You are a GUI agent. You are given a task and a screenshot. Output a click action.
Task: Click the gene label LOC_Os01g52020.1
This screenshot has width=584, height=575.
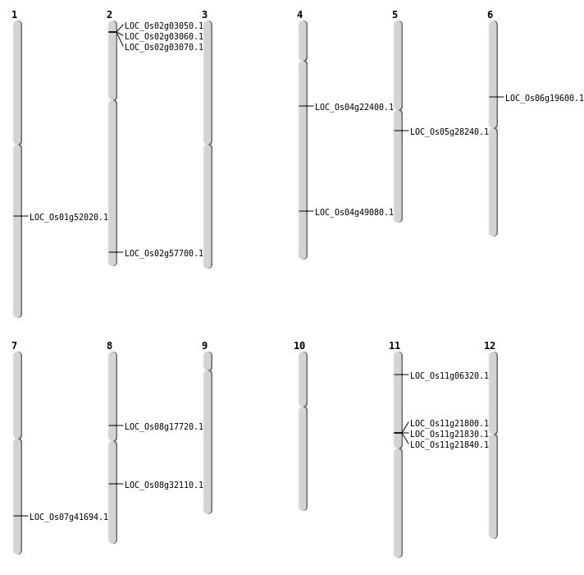69,218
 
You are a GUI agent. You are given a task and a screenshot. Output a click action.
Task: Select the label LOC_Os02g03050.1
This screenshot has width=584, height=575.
164,26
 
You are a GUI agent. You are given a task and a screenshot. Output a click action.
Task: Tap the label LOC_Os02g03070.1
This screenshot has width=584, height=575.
164,48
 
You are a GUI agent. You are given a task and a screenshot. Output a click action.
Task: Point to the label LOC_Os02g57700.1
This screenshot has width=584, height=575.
164,254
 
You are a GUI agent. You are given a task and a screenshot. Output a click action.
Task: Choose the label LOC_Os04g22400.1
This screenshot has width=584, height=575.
354,108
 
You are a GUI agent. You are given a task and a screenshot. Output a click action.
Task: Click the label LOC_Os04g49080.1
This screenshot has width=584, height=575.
354,213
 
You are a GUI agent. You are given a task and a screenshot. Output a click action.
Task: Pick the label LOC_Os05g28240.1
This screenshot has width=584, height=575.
449,132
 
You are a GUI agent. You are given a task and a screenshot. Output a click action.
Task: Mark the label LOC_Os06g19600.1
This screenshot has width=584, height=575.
545,99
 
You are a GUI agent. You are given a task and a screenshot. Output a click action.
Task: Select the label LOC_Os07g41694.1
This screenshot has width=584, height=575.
69,517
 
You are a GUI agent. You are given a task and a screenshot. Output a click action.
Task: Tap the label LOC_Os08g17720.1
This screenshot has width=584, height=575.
164,427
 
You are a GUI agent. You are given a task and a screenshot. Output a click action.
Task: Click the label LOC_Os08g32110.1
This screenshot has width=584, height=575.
164,485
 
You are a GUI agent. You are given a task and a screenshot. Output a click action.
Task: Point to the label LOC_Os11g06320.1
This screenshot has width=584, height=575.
449,376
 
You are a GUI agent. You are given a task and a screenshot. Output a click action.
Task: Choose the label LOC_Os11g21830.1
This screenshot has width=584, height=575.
449,435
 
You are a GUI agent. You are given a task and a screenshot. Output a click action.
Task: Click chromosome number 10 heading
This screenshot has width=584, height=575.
299,346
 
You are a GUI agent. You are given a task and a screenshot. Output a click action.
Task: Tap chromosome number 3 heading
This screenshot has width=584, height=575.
204,15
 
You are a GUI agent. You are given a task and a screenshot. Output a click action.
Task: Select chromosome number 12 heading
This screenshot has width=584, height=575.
490,346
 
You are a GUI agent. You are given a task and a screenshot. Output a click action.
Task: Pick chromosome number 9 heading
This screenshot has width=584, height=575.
204,346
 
